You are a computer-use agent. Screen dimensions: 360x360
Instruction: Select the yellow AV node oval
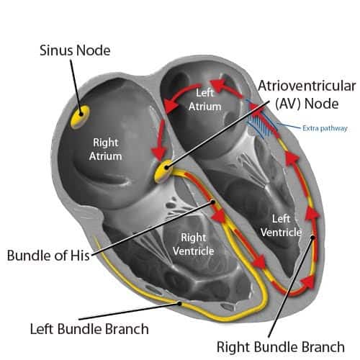pos(165,171)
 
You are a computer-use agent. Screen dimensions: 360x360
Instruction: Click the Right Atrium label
pos(106,148)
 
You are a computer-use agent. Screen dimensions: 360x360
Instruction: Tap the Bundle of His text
pos(45,255)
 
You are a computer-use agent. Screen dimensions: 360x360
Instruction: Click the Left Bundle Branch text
pos(90,328)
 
